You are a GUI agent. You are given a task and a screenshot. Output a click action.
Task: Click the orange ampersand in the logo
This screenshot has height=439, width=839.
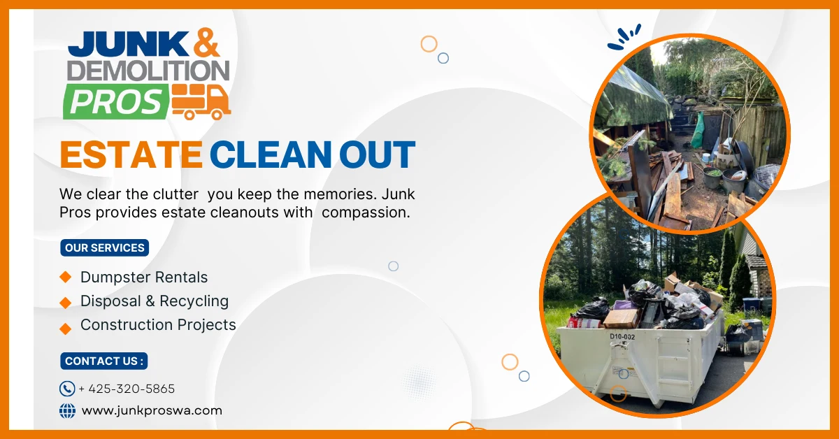coord(206,43)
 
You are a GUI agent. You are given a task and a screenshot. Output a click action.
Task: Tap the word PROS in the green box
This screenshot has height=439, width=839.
coord(115,102)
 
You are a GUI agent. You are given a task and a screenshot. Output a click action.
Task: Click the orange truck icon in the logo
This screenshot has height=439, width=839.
coord(201,102)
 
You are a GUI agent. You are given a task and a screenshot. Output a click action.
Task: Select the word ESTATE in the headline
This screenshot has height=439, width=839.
coord(131,154)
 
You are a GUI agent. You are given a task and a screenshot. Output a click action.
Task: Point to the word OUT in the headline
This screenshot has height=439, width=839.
coord(377,154)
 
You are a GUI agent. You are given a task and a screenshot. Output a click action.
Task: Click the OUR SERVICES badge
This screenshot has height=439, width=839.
coord(104,248)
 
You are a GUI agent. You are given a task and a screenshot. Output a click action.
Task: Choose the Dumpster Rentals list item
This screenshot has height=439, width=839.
coord(144,278)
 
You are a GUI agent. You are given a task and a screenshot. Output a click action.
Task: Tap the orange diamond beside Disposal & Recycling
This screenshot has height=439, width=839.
coord(66,302)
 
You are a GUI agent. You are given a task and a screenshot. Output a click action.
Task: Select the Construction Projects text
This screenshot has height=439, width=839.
coord(158,325)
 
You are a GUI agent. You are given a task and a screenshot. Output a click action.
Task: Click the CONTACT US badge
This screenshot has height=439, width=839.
coord(103,361)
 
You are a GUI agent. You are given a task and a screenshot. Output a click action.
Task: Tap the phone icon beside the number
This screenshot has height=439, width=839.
coord(67,389)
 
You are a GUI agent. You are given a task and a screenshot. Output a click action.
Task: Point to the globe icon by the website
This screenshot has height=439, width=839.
coord(67,411)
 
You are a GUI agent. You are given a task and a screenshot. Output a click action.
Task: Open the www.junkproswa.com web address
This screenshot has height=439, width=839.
coord(152,411)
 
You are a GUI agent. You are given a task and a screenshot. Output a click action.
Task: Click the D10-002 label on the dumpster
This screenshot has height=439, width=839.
coord(622,337)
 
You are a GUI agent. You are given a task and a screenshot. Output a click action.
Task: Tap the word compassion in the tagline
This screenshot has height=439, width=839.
coord(366,213)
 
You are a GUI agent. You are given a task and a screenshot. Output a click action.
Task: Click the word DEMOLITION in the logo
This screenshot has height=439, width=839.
coord(148,71)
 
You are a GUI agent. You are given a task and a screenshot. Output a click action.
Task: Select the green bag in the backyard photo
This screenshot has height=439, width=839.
coord(697,130)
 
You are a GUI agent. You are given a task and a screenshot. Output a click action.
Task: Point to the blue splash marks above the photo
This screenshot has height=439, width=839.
coord(624,37)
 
